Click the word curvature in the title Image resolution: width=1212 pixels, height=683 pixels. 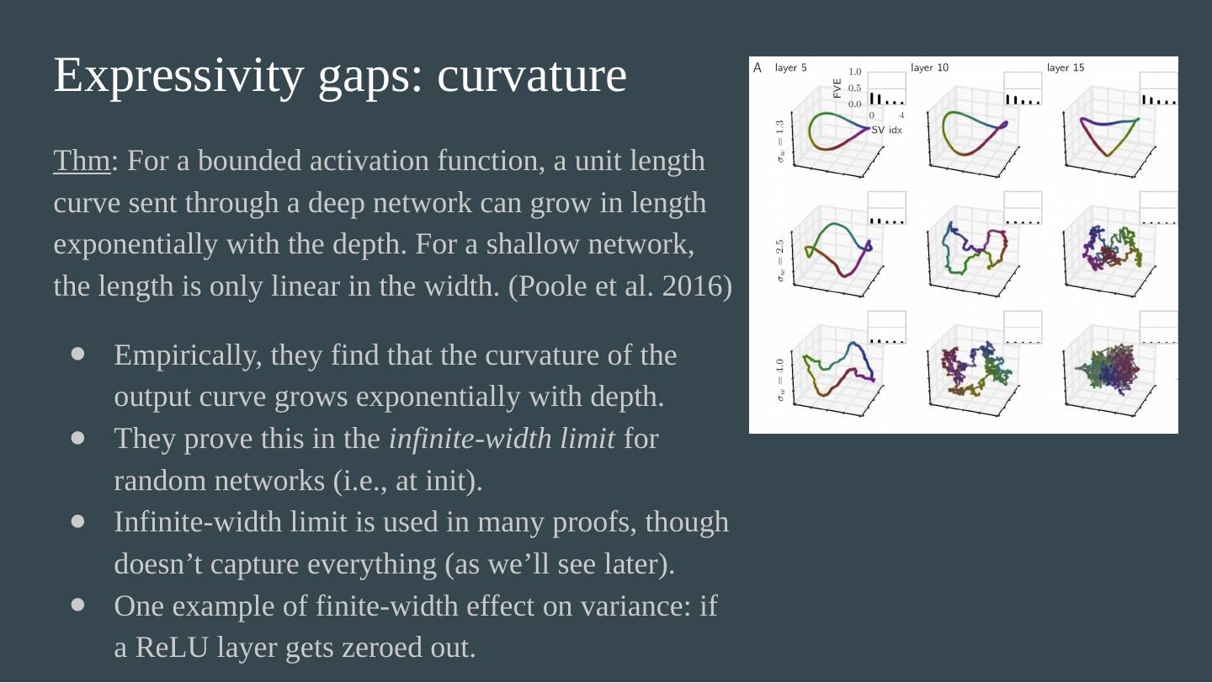(x=532, y=76)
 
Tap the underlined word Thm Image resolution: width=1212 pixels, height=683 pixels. (x=82, y=161)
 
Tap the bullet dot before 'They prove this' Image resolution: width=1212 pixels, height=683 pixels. (x=78, y=438)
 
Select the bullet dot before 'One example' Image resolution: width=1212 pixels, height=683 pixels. (x=78, y=605)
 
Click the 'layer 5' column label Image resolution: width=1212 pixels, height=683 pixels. (x=790, y=68)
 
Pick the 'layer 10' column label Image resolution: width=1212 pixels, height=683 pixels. (x=929, y=68)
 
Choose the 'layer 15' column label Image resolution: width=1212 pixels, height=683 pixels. (x=1066, y=68)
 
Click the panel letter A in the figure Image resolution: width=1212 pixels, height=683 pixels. (x=757, y=68)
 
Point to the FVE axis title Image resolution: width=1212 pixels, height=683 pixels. (x=837, y=88)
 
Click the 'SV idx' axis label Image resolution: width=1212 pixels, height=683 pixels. (x=886, y=131)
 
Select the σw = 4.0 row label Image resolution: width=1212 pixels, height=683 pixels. (x=780, y=380)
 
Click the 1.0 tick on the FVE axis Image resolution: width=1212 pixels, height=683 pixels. (x=854, y=73)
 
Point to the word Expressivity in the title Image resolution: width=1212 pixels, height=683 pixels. (x=178, y=76)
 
